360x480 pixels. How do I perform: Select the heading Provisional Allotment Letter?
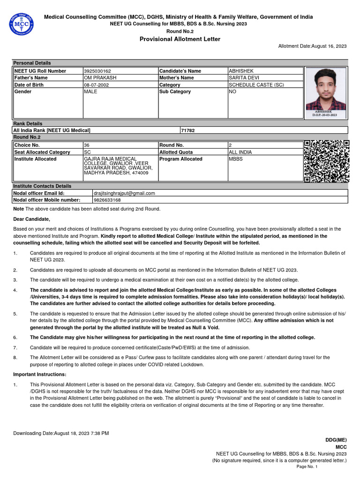tap(180, 39)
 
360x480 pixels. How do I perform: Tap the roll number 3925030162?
tap(97, 71)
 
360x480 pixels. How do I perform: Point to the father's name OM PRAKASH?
tap(97, 78)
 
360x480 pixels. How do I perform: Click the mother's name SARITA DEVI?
tap(244, 78)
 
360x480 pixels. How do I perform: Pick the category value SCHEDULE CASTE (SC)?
tap(256, 85)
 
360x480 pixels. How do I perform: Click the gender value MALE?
tap(90, 92)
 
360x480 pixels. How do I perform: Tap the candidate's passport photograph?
tap(326, 91)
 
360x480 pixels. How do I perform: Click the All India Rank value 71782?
tap(187, 130)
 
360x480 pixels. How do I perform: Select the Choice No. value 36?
tap(87, 145)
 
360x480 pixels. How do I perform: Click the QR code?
tap(326, 161)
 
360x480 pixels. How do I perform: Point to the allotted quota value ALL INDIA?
tap(240, 152)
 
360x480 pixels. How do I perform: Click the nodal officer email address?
tap(124, 193)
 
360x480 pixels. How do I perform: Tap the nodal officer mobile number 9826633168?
tap(107, 200)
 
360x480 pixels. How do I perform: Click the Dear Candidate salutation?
tap(31, 219)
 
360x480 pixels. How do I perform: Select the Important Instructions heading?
tap(40, 375)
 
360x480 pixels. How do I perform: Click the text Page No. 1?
tap(307, 467)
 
